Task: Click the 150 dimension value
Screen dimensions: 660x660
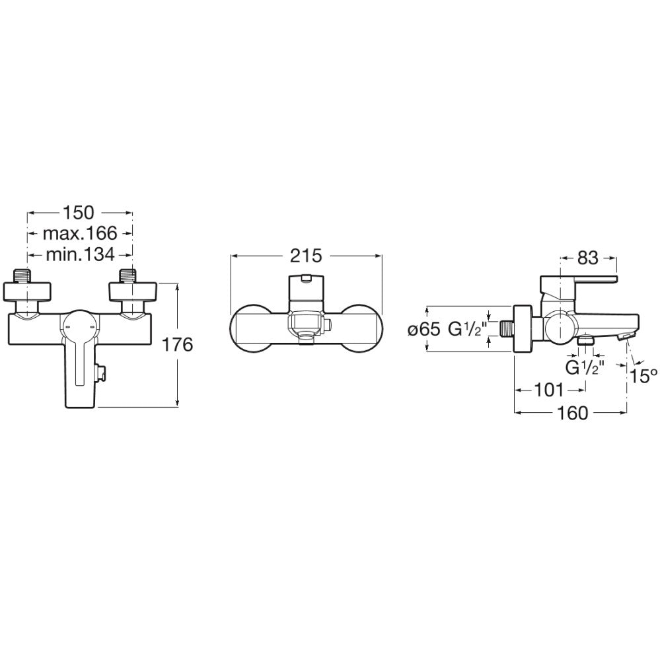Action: click(79, 213)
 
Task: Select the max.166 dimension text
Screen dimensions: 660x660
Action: click(79, 233)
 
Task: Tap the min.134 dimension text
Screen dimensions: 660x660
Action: click(80, 254)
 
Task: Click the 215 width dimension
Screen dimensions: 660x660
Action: click(306, 256)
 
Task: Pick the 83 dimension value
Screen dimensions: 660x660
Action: click(588, 258)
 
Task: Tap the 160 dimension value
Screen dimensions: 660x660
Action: click(572, 413)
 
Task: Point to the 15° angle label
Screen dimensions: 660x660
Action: click(643, 376)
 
